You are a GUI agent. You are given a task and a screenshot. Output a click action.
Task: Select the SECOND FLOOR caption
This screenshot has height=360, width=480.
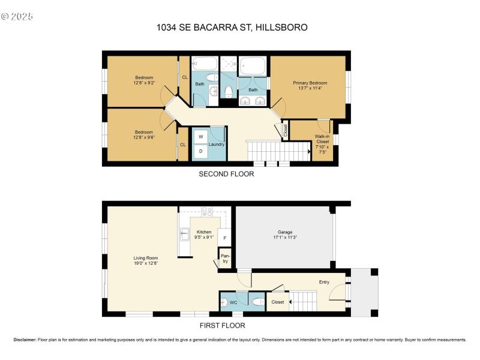point(226,175)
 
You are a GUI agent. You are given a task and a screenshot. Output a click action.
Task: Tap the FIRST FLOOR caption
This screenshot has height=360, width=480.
point(222,326)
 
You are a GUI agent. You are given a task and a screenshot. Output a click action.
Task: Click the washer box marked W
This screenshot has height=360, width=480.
point(201,137)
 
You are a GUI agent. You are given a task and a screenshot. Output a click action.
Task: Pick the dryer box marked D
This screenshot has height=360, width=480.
point(201,151)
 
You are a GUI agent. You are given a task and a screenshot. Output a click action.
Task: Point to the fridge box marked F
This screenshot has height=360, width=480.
point(224,238)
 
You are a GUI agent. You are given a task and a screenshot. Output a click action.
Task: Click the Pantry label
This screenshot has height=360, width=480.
point(226,259)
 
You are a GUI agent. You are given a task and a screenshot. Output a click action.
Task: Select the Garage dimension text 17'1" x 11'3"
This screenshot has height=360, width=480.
point(284,237)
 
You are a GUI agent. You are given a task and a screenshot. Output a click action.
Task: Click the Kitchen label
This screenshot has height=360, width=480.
point(204,232)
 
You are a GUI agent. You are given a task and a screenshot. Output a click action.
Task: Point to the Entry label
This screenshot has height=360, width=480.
point(324,281)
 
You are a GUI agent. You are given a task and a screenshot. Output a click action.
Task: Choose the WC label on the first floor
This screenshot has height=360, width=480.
point(233,302)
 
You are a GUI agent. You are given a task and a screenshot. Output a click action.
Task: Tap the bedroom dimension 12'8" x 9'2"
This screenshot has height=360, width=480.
point(144,84)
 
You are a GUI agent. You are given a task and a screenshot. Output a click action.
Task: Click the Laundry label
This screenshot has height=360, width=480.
point(216,145)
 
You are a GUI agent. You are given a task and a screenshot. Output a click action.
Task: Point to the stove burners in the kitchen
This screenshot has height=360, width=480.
point(206,211)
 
